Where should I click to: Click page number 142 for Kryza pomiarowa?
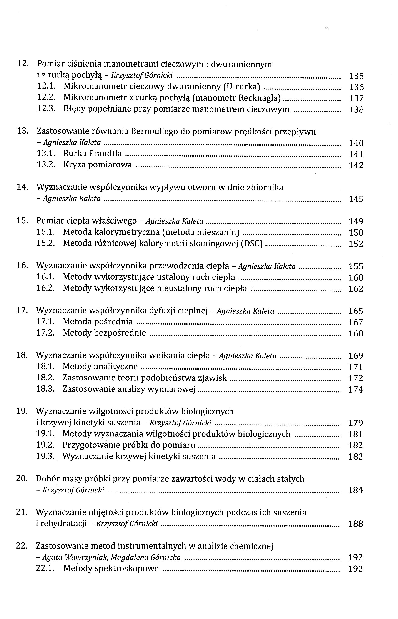(356, 165)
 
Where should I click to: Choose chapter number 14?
(22, 187)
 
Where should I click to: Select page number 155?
(356, 266)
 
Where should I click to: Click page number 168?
(356, 333)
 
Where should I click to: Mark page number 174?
(356, 389)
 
